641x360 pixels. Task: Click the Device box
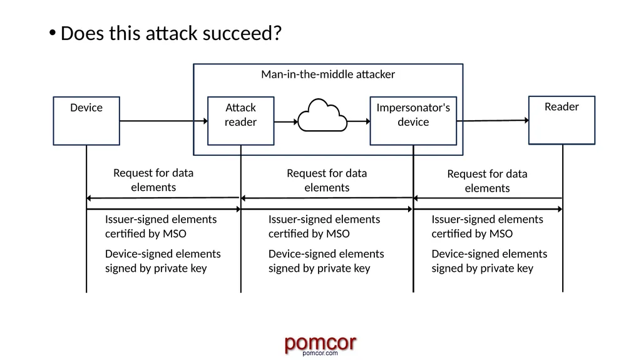86,121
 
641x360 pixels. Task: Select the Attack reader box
241,121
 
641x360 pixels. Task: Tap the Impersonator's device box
413,121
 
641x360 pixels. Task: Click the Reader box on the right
562,120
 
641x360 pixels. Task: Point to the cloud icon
322,115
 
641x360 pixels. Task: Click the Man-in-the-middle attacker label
328,75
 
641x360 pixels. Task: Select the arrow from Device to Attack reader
163,121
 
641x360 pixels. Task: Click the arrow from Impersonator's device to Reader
493,120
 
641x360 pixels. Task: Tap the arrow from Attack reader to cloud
286,121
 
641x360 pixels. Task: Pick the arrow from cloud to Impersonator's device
359,121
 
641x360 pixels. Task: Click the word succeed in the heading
242,33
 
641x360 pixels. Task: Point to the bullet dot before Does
53,33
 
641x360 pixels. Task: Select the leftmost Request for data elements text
153,180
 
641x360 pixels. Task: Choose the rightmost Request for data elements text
487,181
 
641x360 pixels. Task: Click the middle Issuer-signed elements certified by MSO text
324,226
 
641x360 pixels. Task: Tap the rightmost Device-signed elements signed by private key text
490,261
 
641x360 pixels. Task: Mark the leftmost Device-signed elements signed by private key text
163,261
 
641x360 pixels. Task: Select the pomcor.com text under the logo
320,353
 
